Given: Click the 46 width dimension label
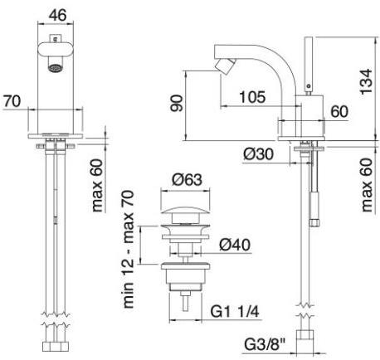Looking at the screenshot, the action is click(x=57, y=15).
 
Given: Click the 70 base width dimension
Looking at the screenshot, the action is click(x=12, y=101).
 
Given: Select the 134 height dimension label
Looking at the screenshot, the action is click(x=367, y=81).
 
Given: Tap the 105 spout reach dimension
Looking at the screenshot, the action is click(x=252, y=97).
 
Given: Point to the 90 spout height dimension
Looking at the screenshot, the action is click(x=176, y=103).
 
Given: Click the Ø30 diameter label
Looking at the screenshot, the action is click(x=258, y=153).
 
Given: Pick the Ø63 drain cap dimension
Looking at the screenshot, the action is click(x=187, y=180).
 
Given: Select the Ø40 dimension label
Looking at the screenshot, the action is click(x=235, y=245).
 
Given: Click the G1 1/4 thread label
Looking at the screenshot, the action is click(x=235, y=312).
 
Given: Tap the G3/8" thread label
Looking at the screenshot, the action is click(x=264, y=345).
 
